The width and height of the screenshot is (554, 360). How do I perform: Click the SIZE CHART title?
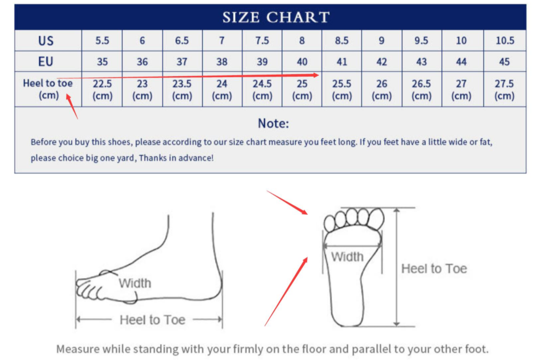point(276,17)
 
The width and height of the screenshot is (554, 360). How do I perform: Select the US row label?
point(46,41)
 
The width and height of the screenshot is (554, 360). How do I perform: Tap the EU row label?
point(46,61)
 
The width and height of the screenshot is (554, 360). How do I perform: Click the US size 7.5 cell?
point(262,41)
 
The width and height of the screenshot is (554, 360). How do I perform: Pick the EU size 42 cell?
point(382,61)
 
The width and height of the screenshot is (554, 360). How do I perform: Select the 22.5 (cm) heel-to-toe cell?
point(103,89)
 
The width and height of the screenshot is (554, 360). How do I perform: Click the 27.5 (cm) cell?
point(504,89)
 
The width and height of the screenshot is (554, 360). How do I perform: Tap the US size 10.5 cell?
point(504,41)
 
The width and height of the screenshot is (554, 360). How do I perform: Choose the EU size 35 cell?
point(103,61)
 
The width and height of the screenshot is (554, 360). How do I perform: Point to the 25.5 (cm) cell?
point(342,89)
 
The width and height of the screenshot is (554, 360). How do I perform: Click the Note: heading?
point(273,123)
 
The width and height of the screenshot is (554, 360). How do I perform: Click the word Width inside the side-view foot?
point(134,283)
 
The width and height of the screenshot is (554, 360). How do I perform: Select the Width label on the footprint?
point(347,257)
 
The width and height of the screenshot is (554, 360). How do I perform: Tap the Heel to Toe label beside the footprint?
point(434,269)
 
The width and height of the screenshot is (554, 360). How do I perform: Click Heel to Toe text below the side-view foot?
point(152,320)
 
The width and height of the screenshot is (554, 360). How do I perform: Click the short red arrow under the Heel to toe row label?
point(72,107)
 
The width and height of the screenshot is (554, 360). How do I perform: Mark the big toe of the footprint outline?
point(376,218)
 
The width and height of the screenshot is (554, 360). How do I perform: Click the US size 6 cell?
point(142,41)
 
